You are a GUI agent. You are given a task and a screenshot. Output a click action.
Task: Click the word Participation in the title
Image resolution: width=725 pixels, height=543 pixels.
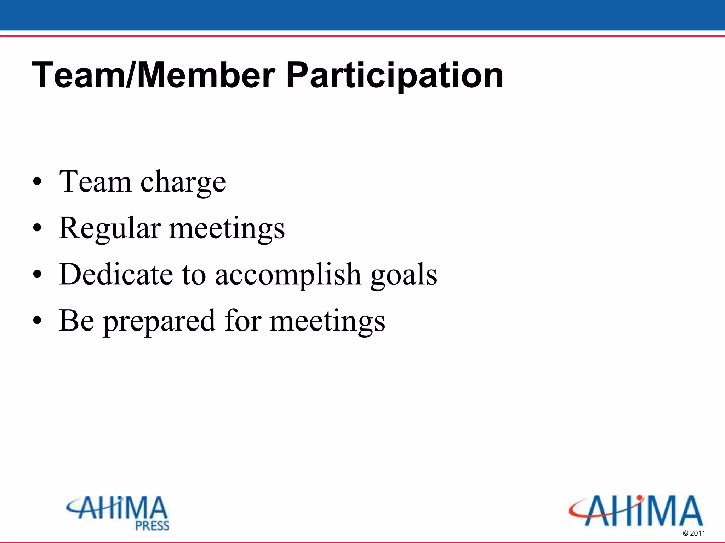(x=394, y=75)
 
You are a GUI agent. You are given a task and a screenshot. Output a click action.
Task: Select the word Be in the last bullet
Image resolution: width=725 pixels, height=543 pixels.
(x=76, y=321)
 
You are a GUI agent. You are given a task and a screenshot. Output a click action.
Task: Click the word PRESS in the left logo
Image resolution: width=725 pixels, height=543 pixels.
(x=153, y=526)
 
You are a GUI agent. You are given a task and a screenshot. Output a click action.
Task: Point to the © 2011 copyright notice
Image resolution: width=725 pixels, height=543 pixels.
(x=694, y=533)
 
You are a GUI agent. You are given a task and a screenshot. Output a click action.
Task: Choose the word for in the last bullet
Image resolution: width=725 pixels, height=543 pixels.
(x=243, y=321)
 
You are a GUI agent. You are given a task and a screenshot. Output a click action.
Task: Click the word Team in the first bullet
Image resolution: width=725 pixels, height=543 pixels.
(x=95, y=182)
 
